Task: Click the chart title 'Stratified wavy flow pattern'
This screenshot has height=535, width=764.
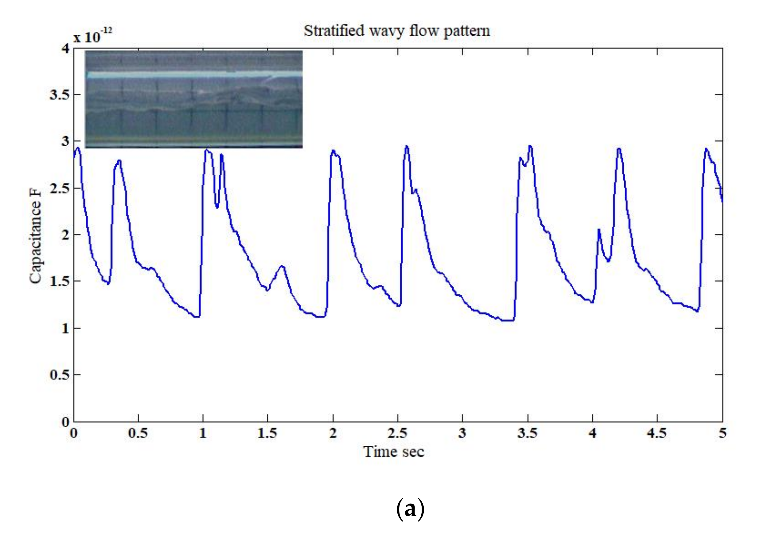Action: (x=397, y=31)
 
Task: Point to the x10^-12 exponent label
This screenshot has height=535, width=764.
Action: (x=92, y=36)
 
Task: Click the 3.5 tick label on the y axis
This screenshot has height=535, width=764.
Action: (x=59, y=95)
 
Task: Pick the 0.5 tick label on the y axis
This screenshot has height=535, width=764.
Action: (x=59, y=375)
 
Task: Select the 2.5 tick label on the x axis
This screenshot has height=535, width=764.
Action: (x=397, y=433)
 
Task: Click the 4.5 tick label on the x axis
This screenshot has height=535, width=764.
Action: (x=657, y=433)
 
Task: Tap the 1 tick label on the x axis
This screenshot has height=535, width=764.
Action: (x=203, y=433)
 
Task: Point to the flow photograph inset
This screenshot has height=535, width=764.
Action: (x=194, y=99)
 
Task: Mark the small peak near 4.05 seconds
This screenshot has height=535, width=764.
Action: (x=598, y=229)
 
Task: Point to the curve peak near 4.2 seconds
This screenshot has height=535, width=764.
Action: (x=618, y=149)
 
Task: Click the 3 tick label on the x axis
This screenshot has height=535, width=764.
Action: (x=462, y=433)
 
